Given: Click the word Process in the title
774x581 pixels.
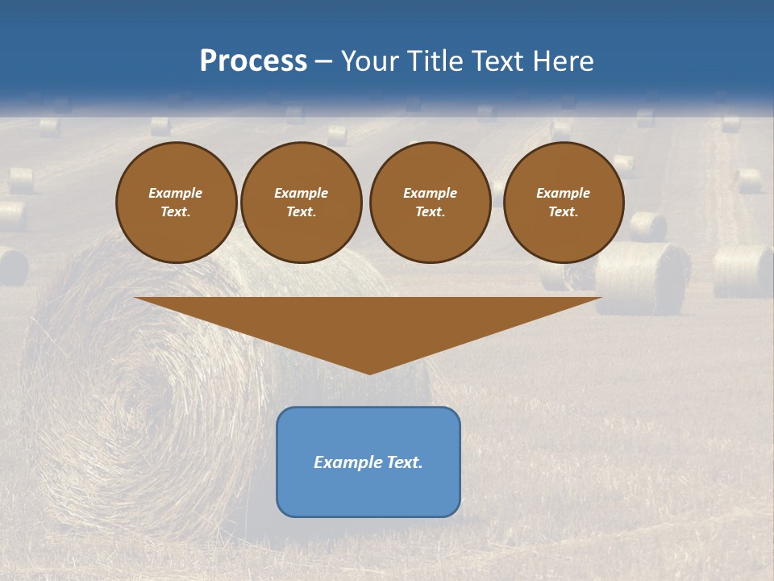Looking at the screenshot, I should (x=253, y=61).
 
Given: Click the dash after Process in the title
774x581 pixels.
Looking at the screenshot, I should (x=323, y=62).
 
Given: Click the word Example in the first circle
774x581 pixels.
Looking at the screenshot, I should (x=176, y=193).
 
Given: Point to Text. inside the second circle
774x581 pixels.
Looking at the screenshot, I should (x=302, y=212).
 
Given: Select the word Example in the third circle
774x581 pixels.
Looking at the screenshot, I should (x=430, y=193).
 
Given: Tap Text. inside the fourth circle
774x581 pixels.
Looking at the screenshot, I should (x=563, y=212).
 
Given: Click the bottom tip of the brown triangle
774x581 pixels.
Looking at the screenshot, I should (x=369, y=372).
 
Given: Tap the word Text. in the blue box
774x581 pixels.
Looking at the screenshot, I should (x=403, y=462).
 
